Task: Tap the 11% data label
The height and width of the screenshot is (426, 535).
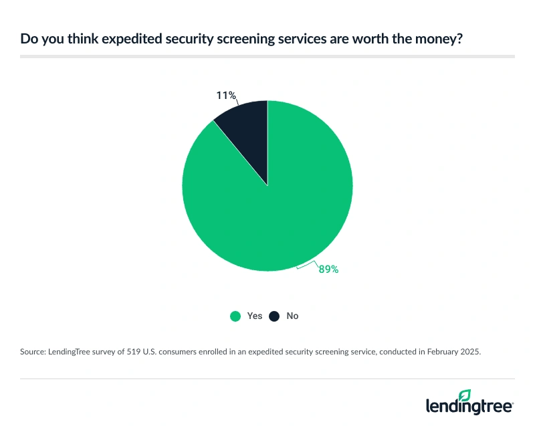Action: point(225,96)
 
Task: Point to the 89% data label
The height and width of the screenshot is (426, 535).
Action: point(328,270)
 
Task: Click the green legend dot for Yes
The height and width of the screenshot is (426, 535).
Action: point(235,316)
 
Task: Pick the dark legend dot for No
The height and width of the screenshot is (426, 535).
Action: point(274,316)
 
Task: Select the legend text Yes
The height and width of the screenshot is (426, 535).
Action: point(254,316)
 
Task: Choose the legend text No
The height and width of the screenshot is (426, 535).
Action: point(292,316)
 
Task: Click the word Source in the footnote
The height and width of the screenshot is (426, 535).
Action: point(34,350)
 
